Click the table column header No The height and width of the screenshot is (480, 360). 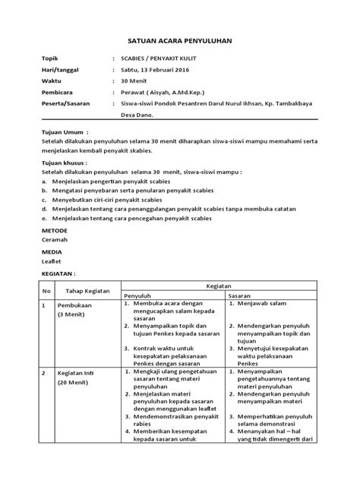[x=46, y=290]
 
